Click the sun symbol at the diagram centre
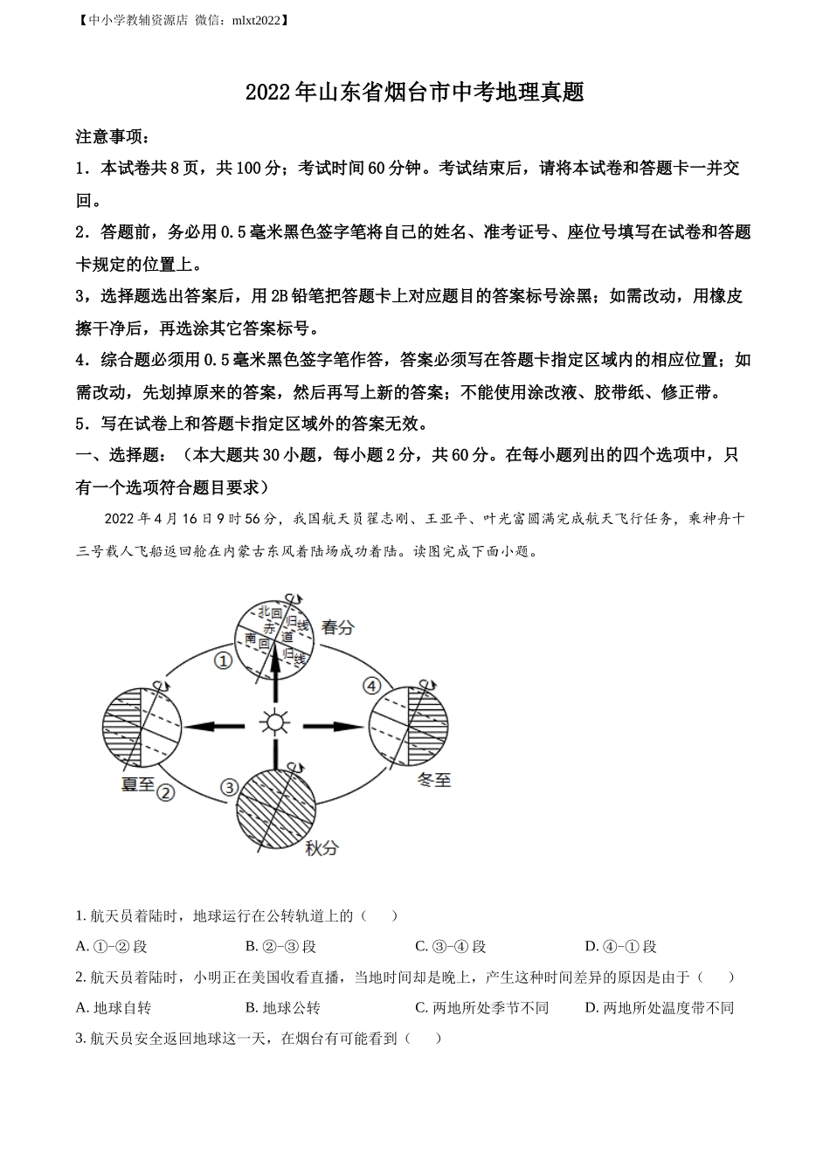click(x=275, y=723)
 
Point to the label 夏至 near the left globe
click(x=137, y=784)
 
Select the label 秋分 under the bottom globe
click(x=322, y=846)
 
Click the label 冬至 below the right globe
click(x=434, y=780)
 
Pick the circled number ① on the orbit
click(x=224, y=661)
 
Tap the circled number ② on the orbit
click(x=166, y=791)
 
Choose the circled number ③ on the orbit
click(x=229, y=787)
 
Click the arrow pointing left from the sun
click(x=214, y=725)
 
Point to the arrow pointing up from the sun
click(x=276, y=673)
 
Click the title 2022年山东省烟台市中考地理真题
click(x=414, y=93)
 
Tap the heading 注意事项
click(x=113, y=137)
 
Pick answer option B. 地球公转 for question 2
click(x=283, y=1007)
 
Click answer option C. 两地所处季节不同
click(x=481, y=1007)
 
